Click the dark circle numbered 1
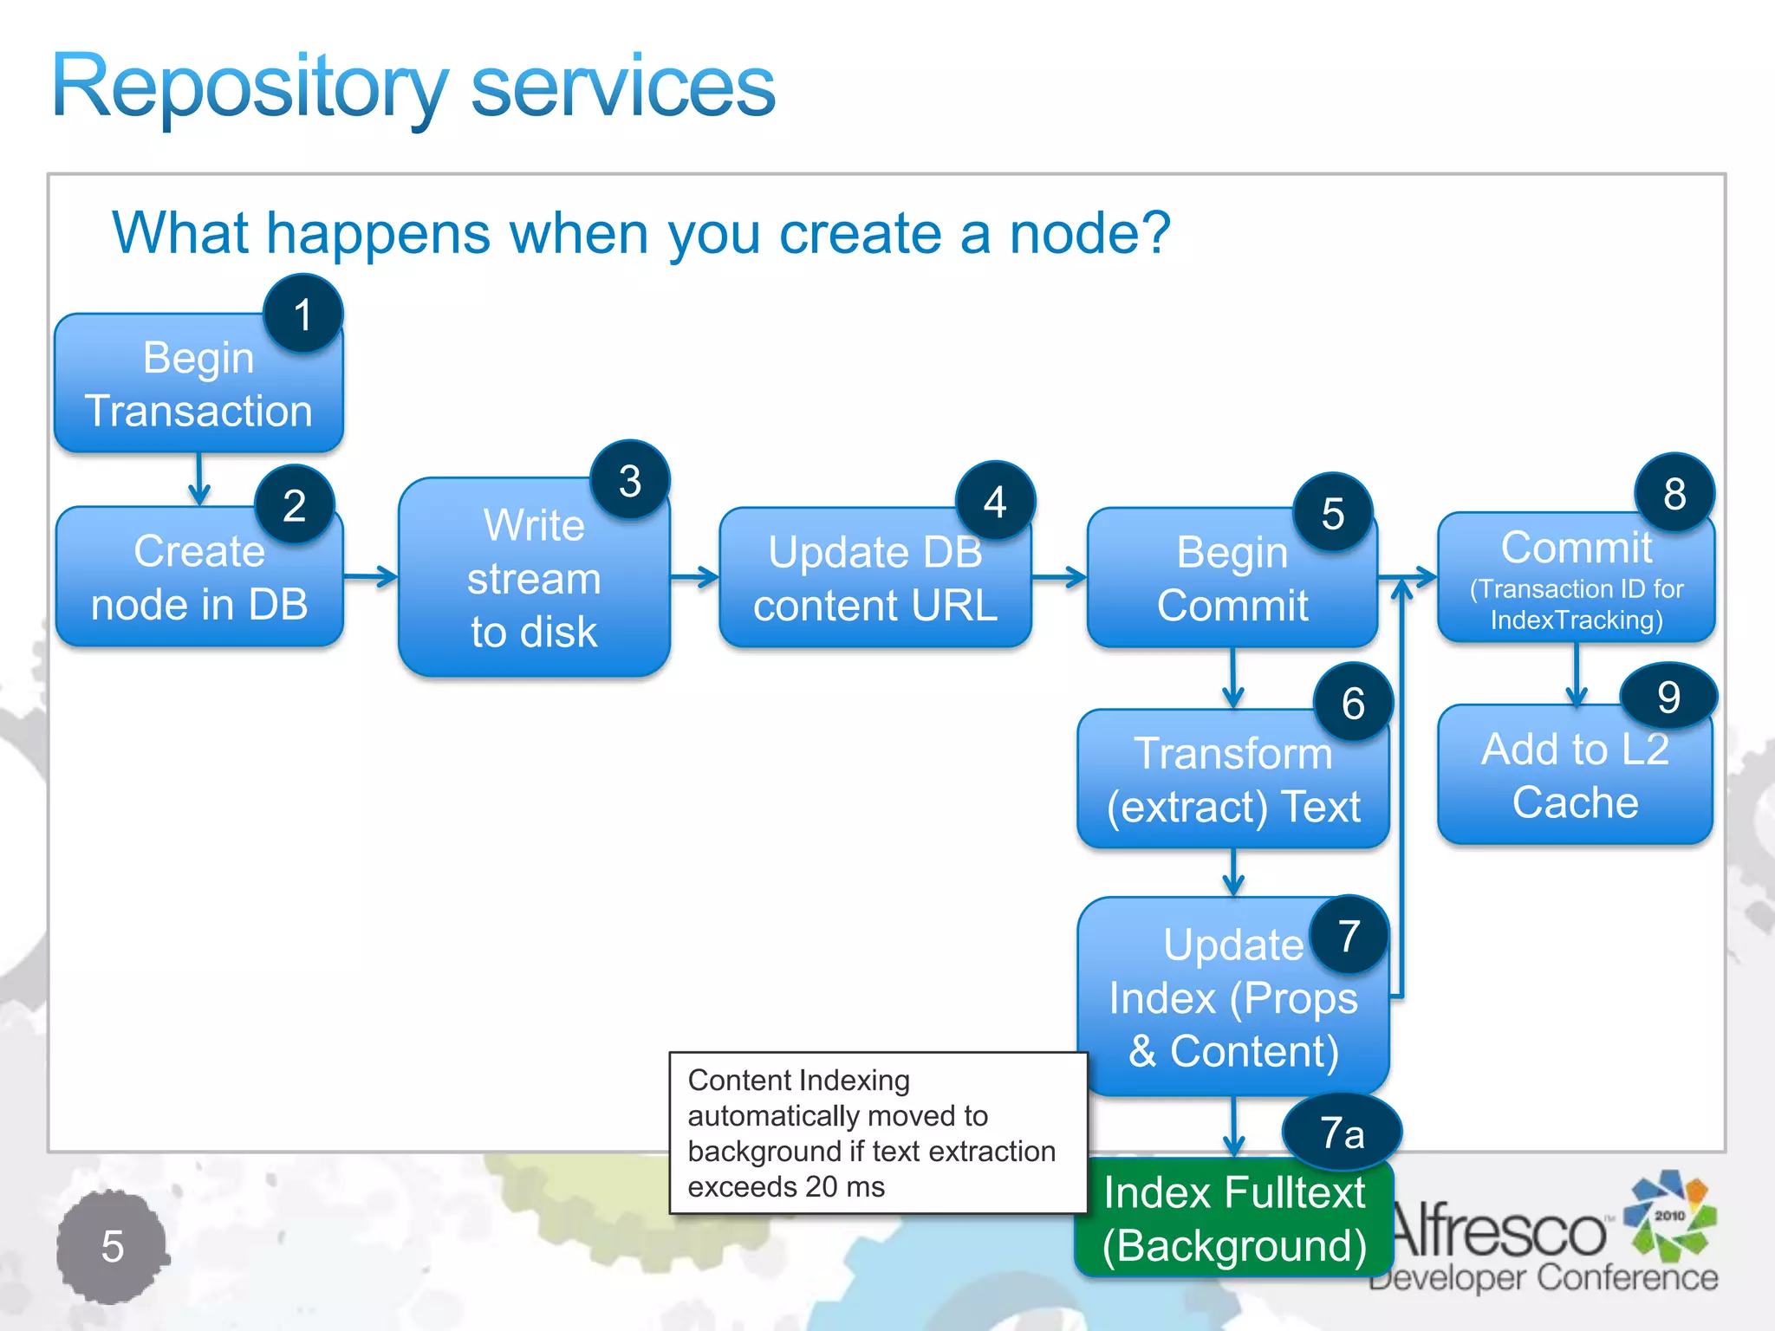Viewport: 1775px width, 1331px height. click(x=302, y=314)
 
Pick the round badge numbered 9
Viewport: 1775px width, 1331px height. click(x=1668, y=697)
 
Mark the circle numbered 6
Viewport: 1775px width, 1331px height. click(x=1353, y=703)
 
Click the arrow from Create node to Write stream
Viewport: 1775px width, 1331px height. click(x=371, y=576)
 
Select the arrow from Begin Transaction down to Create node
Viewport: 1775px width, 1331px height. click(x=199, y=479)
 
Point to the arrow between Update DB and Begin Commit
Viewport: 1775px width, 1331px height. click(x=1059, y=577)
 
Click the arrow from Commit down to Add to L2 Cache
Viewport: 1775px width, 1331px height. click(x=1577, y=674)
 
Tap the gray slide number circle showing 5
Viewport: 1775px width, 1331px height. click(x=112, y=1246)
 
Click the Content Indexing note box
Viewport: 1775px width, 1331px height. click(x=877, y=1133)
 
